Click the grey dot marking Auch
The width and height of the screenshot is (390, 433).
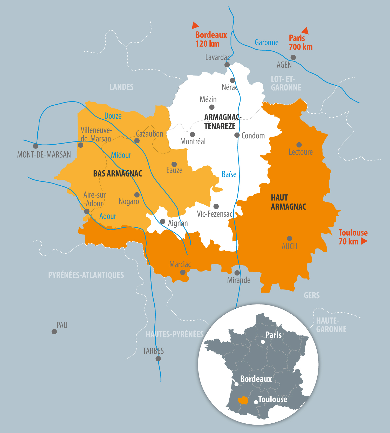pyautogui.click(x=290, y=238)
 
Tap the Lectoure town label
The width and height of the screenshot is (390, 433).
pyautogui.click(x=301, y=152)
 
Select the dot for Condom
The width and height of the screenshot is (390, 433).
pyautogui.click(x=237, y=135)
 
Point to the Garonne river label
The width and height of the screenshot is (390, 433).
pyautogui.click(x=266, y=42)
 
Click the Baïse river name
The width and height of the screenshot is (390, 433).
pyautogui.click(x=229, y=174)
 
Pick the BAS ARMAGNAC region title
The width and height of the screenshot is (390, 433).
pyautogui.click(x=118, y=173)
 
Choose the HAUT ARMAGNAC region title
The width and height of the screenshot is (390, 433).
pyautogui.click(x=288, y=202)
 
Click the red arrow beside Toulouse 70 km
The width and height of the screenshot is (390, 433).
pyautogui.click(x=364, y=241)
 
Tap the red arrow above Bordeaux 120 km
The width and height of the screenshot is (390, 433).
pyautogui.click(x=195, y=25)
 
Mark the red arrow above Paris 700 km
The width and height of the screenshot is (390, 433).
pyautogui.click(x=305, y=31)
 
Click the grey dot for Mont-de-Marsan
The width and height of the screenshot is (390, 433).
pyautogui.click(x=36, y=146)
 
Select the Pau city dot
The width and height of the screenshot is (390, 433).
pyautogui.click(x=54, y=331)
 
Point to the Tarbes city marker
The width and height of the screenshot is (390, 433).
pyautogui.click(x=158, y=359)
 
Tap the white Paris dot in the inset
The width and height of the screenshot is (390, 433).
pyautogui.click(x=263, y=342)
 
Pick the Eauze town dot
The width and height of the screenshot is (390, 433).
pyautogui.click(x=174, y=164)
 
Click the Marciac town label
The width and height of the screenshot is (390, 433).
pyautogui.click(x=180, y=264)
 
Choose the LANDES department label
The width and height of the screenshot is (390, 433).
pyautogui.click(x=121, y=87)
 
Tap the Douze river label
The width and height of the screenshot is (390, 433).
pyautogui.click(x=113, y=116)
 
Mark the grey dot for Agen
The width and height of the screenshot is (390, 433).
pyautogui.click(x=293, y=57)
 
